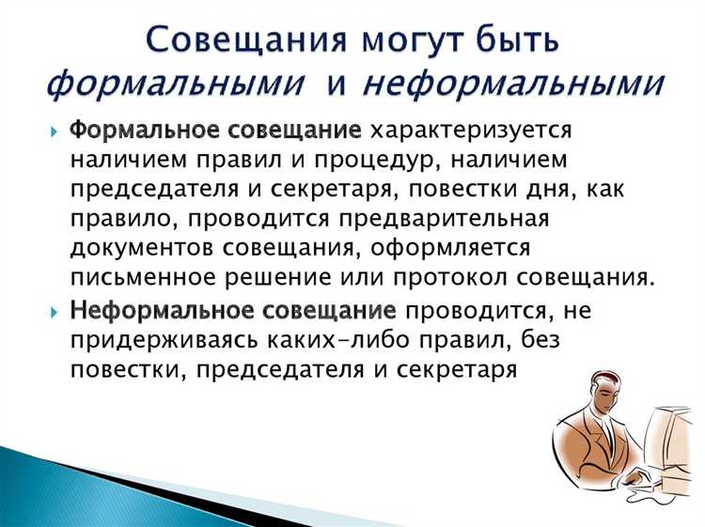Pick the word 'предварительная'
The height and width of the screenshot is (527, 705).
click(x=462, y=219)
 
